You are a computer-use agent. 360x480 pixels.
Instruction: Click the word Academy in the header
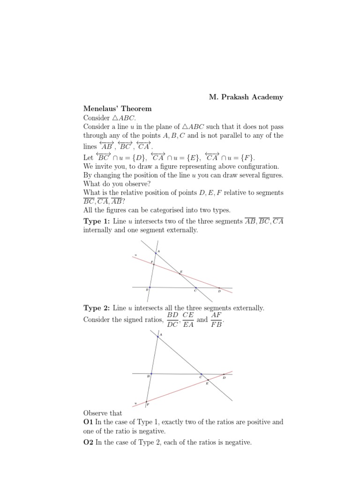click(267, 97)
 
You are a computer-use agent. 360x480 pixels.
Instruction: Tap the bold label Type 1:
click(97, 221)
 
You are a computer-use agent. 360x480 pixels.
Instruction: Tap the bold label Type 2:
click(97, 308)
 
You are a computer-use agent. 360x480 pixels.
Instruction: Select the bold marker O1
click(89, 422)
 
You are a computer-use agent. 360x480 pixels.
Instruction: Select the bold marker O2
click(89, 442)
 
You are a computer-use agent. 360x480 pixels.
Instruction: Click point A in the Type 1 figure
click(156, 253)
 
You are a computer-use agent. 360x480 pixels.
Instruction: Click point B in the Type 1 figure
click(150, 287)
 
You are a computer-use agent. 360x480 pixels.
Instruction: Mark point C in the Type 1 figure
click(196, 288)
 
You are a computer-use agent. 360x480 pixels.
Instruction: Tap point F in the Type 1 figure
click(153, 264)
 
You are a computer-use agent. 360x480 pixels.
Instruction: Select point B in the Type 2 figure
click(150, 374)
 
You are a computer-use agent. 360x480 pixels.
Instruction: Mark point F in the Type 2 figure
click(146, 402)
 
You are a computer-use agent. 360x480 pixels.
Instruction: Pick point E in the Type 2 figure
click(208, 381)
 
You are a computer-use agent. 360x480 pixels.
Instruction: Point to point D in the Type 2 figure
click(223, 374)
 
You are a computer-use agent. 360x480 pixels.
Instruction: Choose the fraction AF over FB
click(216, 320)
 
